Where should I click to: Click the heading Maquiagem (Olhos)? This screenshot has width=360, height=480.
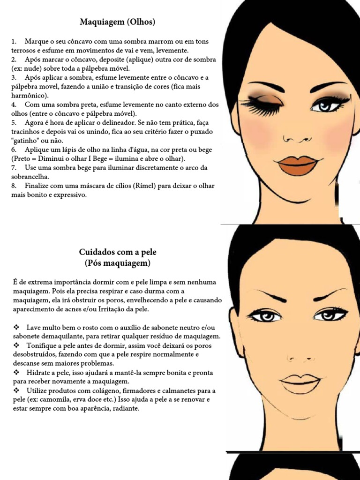117,22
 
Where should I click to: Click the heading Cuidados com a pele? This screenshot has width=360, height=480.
117,252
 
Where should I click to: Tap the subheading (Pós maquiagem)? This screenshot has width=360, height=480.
118,263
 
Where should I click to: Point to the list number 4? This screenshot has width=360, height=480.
14,104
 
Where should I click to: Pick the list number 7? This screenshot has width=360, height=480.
14,167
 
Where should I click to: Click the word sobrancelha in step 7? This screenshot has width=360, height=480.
29,177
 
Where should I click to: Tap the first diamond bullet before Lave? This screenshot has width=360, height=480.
17,327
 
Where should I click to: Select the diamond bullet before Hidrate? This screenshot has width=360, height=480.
17,373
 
